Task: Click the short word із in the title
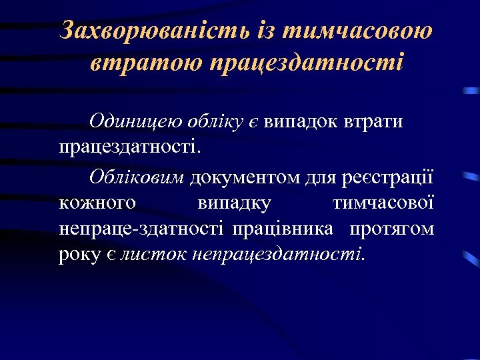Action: tap(268, 31)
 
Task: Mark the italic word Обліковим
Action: tap(137, 177)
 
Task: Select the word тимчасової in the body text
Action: tap(383, 203)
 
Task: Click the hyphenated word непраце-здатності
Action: tap(142, 229)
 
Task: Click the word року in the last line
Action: tap(76, 254)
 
